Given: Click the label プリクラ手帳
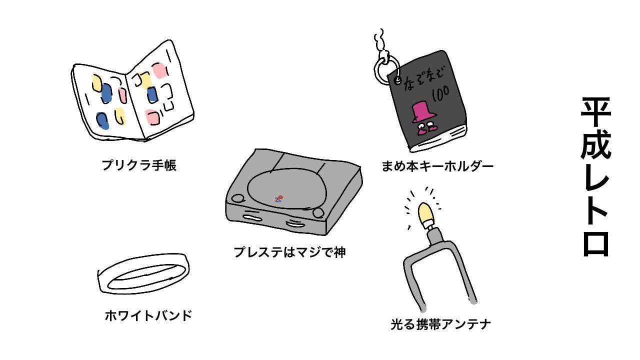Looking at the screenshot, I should point(139,165).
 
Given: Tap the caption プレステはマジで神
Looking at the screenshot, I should point(289,252).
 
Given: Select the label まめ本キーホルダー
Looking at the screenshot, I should point(437,166).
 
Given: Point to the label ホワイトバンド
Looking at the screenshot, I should point(148,316).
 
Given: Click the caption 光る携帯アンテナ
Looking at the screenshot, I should point(440,324).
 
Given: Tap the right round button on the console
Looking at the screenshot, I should point(318,213).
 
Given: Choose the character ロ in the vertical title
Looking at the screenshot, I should point(595,243).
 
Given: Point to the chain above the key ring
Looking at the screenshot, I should point(381,43).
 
